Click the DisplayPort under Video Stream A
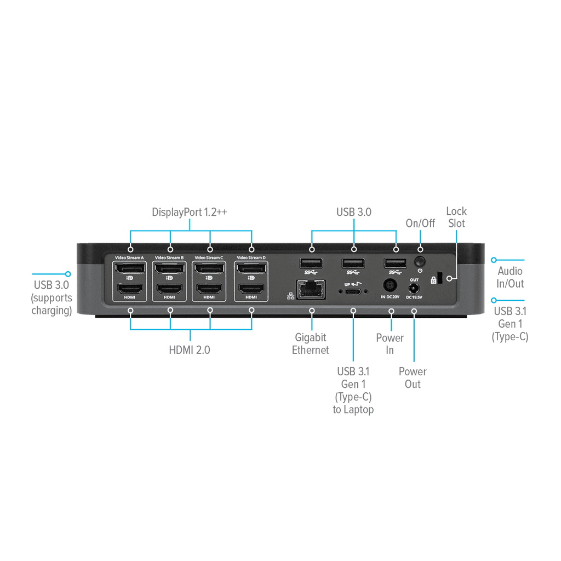tap(129, 268)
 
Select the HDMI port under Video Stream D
tap(251, 288)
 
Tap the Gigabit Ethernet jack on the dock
tap(311, 289)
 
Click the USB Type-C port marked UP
tap(353, 291)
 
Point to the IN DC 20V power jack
tap(390, 286)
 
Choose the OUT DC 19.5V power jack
tap(414, 288)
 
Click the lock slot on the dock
tap(440, 278)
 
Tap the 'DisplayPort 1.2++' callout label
tap(189, 212)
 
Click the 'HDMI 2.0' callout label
tap(189, 350)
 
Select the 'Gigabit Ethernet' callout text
tap(310, 344)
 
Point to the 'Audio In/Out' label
tap(510, 277)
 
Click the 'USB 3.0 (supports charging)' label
tap(51, 297)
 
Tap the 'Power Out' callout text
tap(413, 378)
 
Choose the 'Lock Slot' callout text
tap(456, 217)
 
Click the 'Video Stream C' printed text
tap(209, 257)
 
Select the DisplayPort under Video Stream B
tap(169, 268)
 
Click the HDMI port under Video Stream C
tap(209, 288)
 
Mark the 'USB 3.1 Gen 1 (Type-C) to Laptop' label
tap(353, 390)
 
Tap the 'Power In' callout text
tap(390, 344)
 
